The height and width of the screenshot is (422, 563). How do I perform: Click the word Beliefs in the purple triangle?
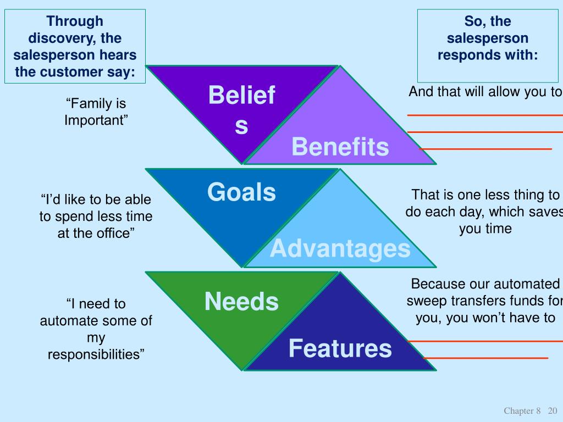click(x=242, y=110)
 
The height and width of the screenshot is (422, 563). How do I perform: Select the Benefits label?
click(x=340, y=147)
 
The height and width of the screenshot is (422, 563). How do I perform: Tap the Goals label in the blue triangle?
click(x=241, y=192)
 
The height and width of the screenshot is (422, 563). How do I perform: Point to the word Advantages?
click(x=340, y=249)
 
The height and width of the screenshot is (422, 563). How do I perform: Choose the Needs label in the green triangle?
click(x=241, y=302)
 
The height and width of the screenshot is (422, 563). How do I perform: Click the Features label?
click(x=340, y=348)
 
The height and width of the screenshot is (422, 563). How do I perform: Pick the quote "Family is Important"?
click(x=96, y=112)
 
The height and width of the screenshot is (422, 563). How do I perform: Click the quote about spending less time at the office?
click(x=96, y=216)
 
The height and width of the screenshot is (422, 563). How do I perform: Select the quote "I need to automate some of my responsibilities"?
click(x=96, y=329)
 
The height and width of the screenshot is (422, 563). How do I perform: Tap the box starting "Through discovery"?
click(x=75, y=46)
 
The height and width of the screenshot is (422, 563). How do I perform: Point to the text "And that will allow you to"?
click(x=485, y=92)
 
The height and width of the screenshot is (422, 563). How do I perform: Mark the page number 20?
click(x=552, y=411)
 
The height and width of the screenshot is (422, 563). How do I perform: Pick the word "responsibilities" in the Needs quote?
click(x=96, y=354)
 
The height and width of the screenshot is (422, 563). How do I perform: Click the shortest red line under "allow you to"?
click(x=485, y=149)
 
